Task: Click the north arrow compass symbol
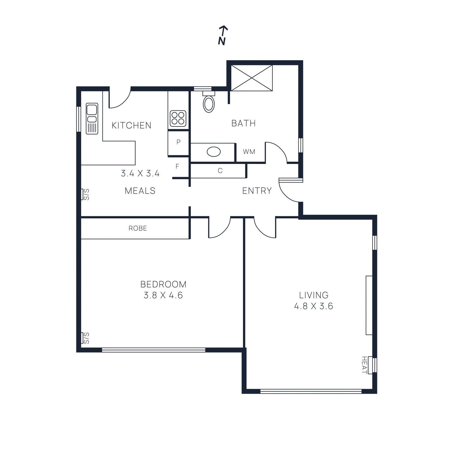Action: click(x=222, y=35)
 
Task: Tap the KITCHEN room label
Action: click(x=131, y=125)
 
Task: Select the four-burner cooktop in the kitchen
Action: click(x=178, y=118)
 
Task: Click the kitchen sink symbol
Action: click(x=92, y=118)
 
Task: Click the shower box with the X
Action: click(x=252, y=78)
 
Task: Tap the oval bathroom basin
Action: click(x=214, y=152)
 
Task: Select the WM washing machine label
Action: click(x=249, y=152)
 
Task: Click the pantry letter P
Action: click(x=178, y=142)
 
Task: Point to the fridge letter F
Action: click(x=177, y=167)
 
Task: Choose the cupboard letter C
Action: click(x=220, y=171)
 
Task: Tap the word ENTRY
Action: click(x=257, y=191)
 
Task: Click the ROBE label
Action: click(x=138, y=228)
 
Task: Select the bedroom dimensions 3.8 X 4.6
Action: click(x=163, y=295)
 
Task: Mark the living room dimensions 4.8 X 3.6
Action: click(x=314, y=306)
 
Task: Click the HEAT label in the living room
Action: click(x=364, y=365)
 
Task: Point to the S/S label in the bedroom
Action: click(x=86, y=338)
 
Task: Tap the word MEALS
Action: click(x=140, y=191)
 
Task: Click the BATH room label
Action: click(x=243, y=123)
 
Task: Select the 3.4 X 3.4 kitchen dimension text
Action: click(x=140, y=173)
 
